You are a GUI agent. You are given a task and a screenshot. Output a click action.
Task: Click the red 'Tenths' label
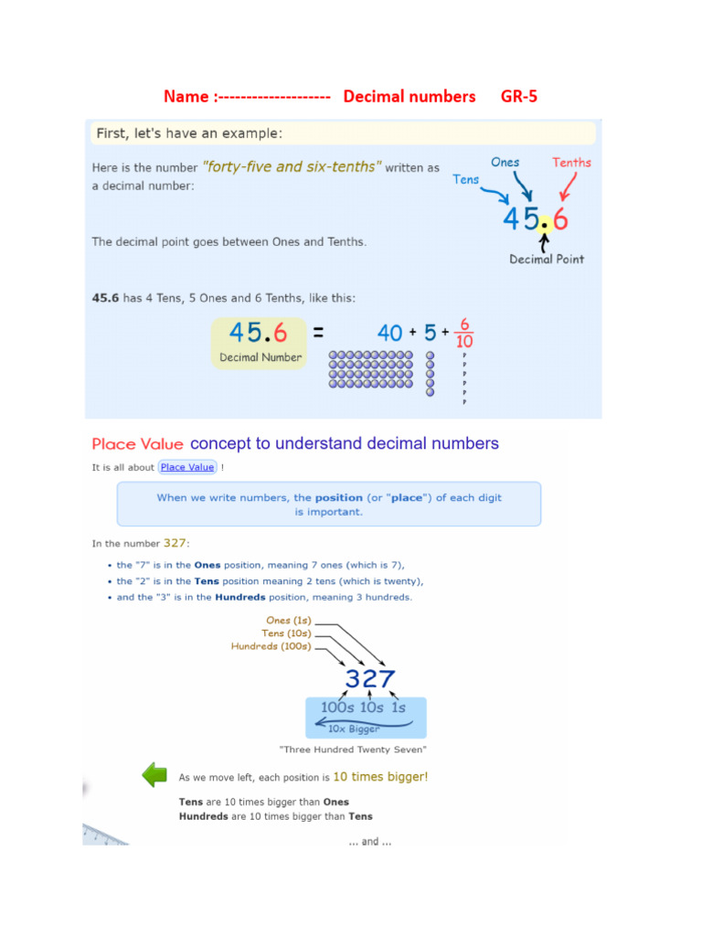pyautogui.click(x=571, y=163)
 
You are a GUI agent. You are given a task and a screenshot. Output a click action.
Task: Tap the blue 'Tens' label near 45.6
pyautogui.click(x=466, y=179)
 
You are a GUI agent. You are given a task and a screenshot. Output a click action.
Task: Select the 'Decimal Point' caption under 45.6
pyautogui.click(x=546, y=259)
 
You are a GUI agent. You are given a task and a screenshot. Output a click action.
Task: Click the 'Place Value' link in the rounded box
pyautogui.click(x=187, y=467)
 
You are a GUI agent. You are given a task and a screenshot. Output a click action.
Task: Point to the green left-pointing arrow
pyautogui.click(x=154, y=776)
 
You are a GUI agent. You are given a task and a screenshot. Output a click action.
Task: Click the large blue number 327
pyautogui.click(x=370, y=679)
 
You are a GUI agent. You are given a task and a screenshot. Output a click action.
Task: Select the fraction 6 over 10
pyautogui.click(x=464, y=333)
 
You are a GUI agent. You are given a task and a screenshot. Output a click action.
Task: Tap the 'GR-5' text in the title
pyautogui.click(x=518, y=96)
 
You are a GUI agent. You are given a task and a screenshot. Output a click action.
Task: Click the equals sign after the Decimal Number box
pyautogui.click(x=319, y=334)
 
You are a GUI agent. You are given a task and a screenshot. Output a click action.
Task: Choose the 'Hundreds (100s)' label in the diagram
pyautogui.click(x=271, y=646)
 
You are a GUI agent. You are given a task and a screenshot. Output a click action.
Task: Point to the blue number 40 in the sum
pyautogui.click(x=389, y=334)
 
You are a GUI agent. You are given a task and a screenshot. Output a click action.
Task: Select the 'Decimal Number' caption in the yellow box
pyautogui.click(x=261, y=357)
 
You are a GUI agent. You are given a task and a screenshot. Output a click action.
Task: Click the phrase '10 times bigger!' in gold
pyautogui.click(x=380, y=777)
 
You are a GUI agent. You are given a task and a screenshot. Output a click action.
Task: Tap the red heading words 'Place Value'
pyautogui.click(x=137, y=444)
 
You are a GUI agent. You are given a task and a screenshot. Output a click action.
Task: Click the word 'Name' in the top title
pyautogui.click(x=186, y=96)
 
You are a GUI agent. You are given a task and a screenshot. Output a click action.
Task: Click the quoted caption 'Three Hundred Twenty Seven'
pyautogui.click(x=353, y=750)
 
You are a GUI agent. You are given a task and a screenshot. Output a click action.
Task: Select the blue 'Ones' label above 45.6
pyautogui.click(x=505, y=162)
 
